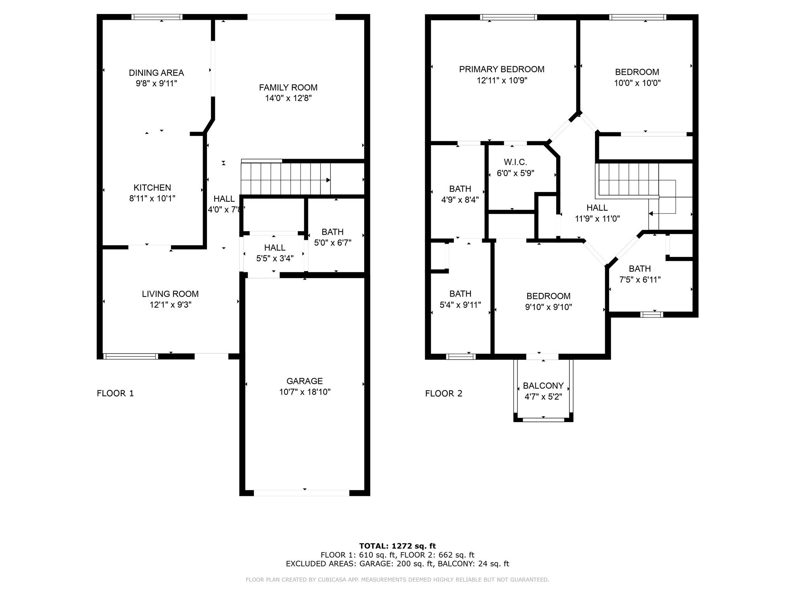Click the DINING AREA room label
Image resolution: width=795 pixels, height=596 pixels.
[156, 73]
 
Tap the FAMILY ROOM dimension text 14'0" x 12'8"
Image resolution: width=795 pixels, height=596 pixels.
[288, 98]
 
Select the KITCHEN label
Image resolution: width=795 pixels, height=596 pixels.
[152, 188]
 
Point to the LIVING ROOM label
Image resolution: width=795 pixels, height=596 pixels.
[170, 294]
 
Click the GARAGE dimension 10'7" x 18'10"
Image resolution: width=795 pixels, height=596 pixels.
[305, 392]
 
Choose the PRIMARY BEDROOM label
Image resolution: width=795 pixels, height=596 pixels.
[502, 69]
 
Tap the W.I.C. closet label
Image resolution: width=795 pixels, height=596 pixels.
[515, 162]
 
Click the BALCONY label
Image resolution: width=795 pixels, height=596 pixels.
[543, 386]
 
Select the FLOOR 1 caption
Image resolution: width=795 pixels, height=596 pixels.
[115, 393]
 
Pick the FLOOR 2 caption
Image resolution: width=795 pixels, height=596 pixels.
[444, 393]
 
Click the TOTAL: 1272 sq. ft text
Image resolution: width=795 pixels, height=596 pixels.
[397, 546]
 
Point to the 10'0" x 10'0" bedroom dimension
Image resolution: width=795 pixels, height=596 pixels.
[637, 83]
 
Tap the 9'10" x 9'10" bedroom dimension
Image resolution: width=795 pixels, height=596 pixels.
[549, 307]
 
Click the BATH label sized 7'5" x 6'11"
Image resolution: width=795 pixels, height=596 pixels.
[640, 269]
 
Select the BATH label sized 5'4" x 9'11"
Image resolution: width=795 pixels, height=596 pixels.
[460, 294]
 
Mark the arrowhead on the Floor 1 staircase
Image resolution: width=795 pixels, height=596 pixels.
[328, 180]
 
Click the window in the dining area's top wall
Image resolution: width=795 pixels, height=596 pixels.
[157, 17]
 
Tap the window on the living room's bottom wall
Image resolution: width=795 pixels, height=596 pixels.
[130, 356]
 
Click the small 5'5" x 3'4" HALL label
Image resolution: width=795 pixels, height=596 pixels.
[275, 248]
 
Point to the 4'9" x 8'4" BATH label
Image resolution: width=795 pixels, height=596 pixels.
[460, 189]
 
